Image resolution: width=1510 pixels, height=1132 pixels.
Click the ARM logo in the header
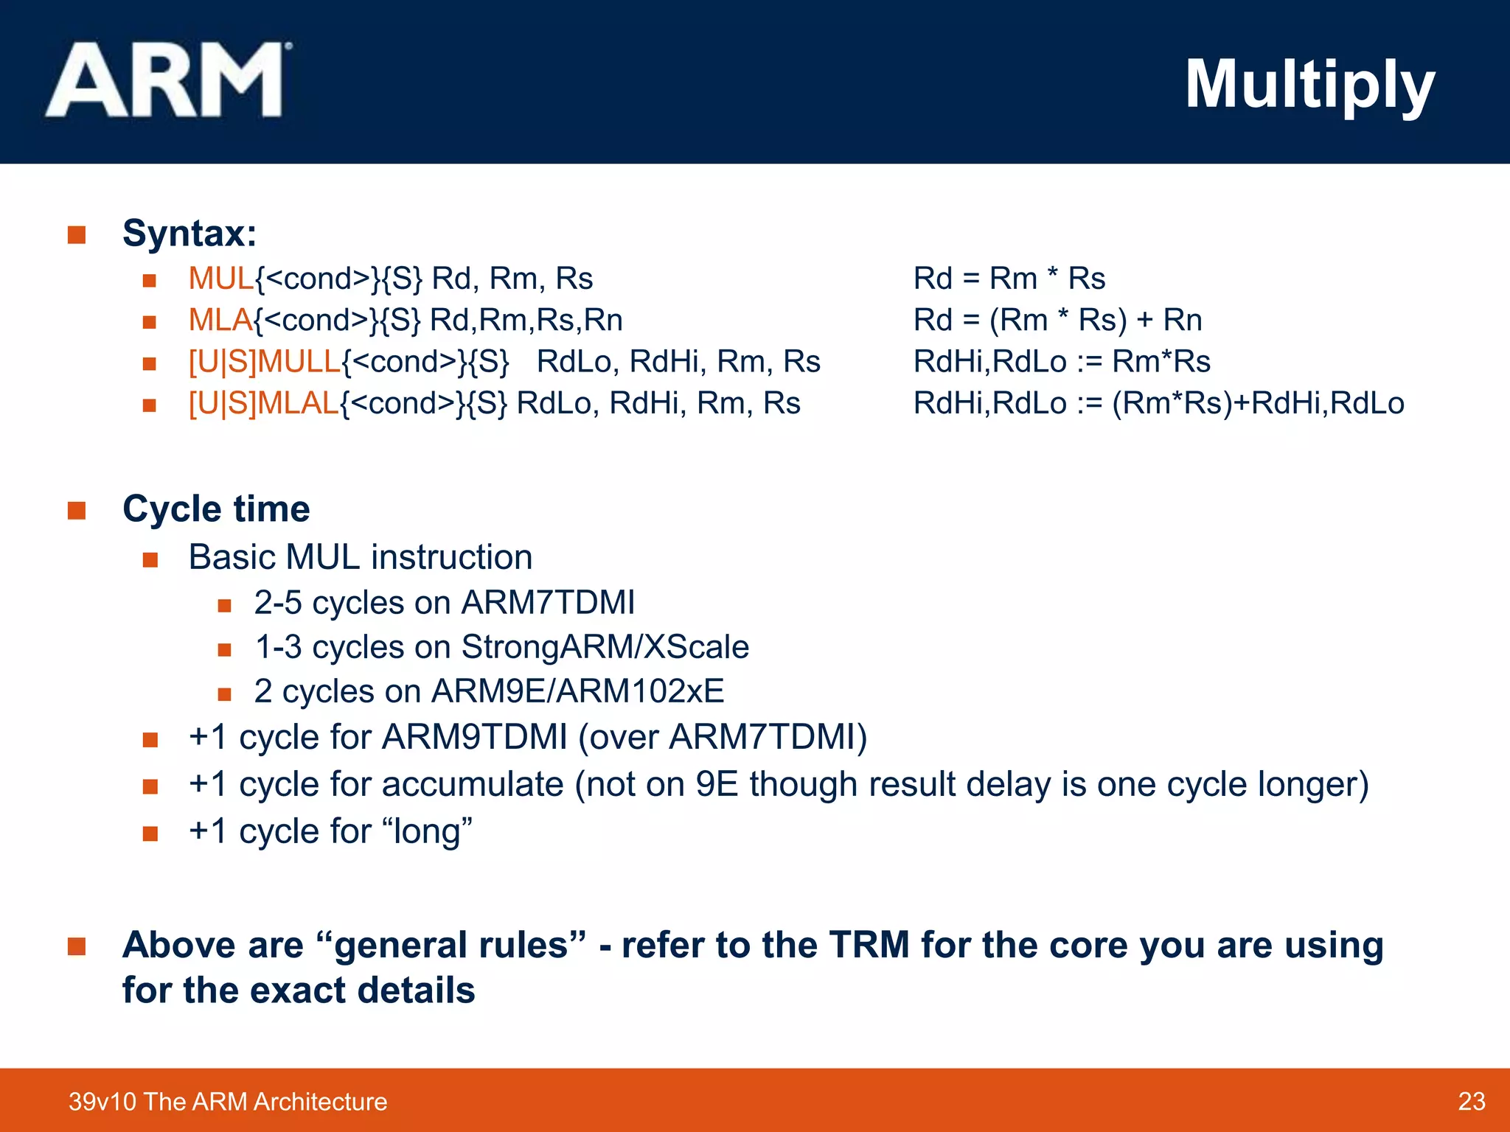[169, 81]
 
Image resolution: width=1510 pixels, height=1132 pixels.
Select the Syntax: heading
[189, 234]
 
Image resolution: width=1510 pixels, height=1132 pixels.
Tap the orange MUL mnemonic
[220, 279]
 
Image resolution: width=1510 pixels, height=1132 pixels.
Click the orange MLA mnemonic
[220, 320]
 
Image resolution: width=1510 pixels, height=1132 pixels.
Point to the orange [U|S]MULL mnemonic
[265, 362]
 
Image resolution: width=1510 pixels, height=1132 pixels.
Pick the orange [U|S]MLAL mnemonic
[263, 403]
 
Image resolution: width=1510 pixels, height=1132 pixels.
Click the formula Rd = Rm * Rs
[1009, 279]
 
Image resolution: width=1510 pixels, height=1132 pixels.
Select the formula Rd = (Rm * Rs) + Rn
[1057, 320]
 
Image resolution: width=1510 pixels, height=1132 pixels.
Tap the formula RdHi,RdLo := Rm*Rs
[1062, 362]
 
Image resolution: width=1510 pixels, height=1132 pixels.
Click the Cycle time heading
[216, 509]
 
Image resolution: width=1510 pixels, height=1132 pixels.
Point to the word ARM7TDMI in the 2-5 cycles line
[548, 603]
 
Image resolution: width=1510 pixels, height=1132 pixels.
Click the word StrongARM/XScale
[605, 647]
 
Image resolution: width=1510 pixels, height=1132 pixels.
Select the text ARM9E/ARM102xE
[577, 691]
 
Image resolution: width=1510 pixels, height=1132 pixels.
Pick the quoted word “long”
[428, 831]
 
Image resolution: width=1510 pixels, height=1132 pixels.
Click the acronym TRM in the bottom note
[869, 945]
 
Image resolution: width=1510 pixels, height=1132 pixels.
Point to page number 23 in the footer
[1471, 1101]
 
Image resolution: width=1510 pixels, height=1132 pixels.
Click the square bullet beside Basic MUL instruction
[150, 560]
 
